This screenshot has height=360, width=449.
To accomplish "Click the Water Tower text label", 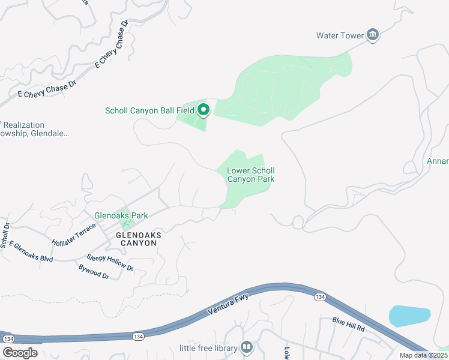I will (x=340, y=35).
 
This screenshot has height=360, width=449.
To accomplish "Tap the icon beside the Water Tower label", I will (x=373, y=35).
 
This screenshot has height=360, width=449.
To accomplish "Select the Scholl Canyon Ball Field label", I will (x=149, y=110).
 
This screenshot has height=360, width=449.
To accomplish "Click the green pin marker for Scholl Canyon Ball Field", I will (x=203, y=109).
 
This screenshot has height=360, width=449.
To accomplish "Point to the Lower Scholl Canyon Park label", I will (x=250, y=175).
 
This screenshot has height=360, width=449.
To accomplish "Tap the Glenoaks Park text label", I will (x=121, y=215).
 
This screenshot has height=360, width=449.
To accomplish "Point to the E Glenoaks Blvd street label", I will (x=31, y=251).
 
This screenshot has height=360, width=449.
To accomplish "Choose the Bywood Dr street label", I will (x=94, y=272).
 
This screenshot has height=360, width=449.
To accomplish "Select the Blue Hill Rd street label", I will (x=349, y=325).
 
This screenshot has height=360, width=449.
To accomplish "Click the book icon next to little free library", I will (x=246, y=347).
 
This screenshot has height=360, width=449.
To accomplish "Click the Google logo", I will (x=20, y=352).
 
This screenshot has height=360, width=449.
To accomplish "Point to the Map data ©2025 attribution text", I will (x=425, y=355).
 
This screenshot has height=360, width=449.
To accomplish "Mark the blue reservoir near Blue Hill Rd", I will (x=410, y=316).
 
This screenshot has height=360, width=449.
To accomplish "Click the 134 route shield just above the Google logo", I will (x=8, y=339).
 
